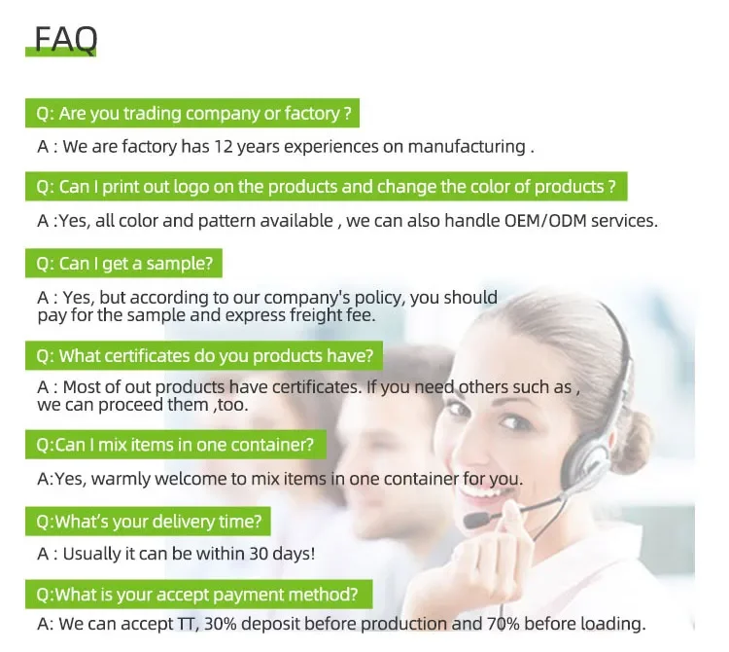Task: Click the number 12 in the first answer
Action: pyautogui.click(x=224, y=147)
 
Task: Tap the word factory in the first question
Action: pyautogui.click(x=312, y=114)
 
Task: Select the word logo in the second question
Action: pyautogui.click(x=191, y=187)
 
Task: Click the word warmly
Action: pyautogui.click(x=121, y=480)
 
